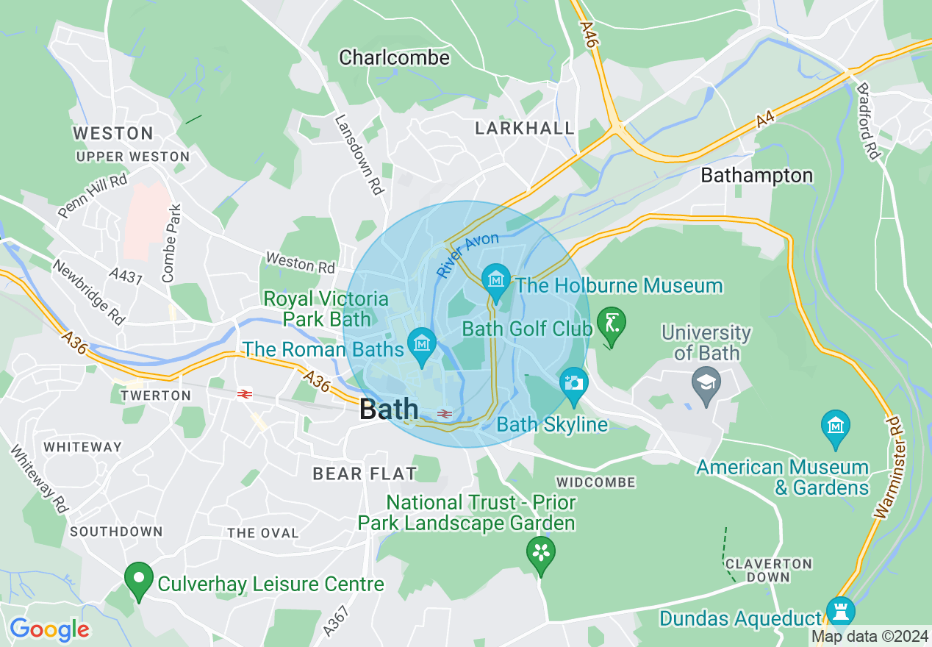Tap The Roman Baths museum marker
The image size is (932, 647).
pyautogui.click(x=422, y=344)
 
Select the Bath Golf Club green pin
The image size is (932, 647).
pyautogui.click(x=612, y=324)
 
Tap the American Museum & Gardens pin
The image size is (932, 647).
pyautogui.click(x=836, y=427)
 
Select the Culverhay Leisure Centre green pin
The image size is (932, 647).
pyautogui.click(x=137, y=579)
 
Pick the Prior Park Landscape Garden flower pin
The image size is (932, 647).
pyautogui.click(x=541, y=553)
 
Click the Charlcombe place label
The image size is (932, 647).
pyautogui.click(x=394, y=57)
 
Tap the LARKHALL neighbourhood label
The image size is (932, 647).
pyautogui.click(x=525, y=128)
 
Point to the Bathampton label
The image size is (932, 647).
pyautogui.click(x=757, y=175)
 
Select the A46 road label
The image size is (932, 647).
pyautogui.click(x=588, y=35)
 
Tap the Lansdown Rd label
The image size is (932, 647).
pyautogui.click(x=360, y=154)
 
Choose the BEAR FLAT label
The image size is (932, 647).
pyautogui.click(x=365, y=473)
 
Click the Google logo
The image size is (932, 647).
pyautogui.click(x=49, y=630)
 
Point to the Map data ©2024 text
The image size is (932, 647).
pyautogui.click(x=870, y=636)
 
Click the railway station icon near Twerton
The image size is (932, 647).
pyautogui.click(x=245, y=394)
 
